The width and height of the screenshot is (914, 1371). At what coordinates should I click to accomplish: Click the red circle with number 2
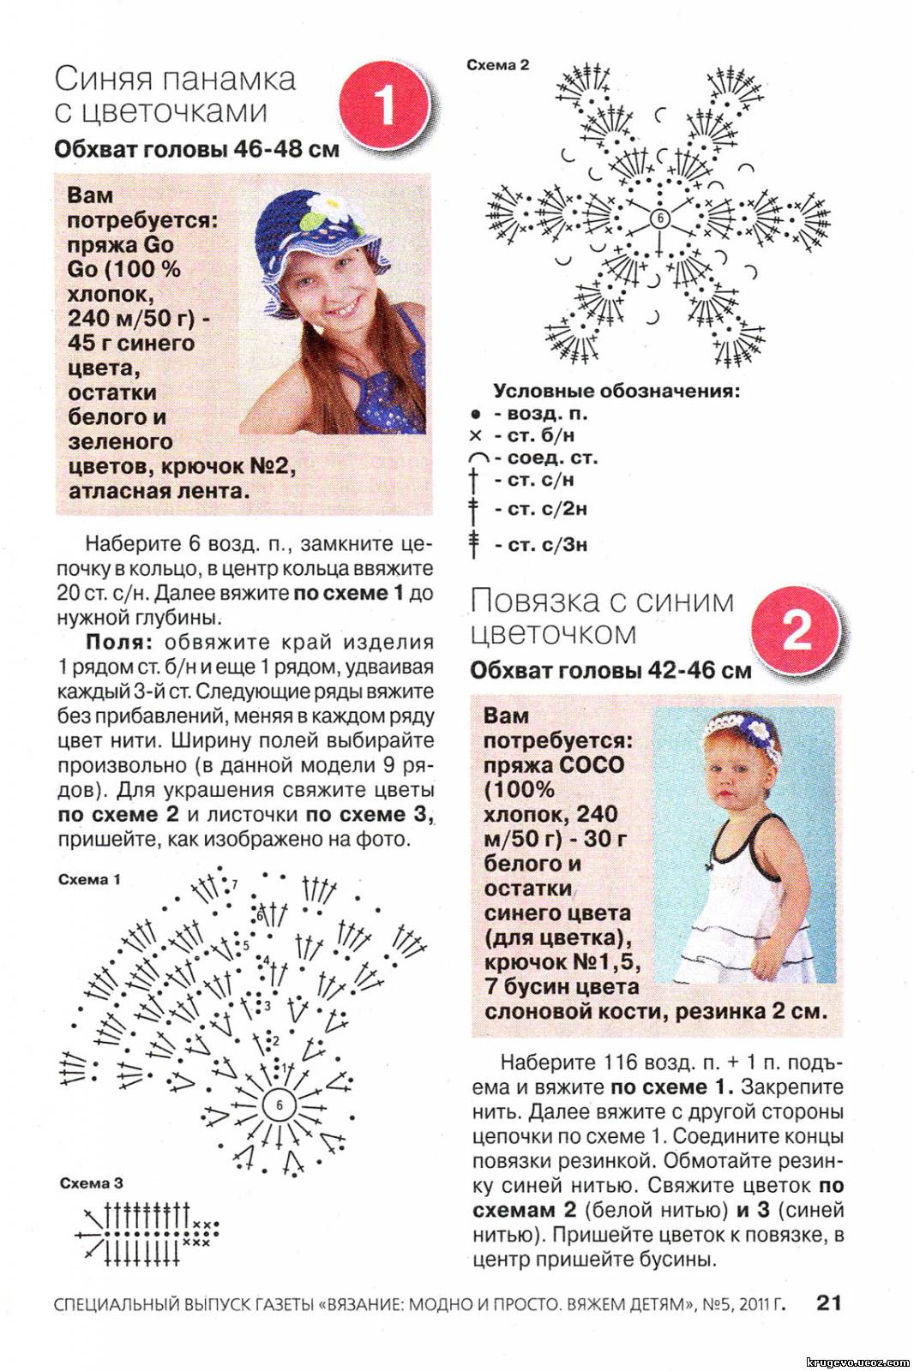pyautogui.click(x=797, y=631)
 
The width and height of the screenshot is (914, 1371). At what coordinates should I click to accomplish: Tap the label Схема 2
pyautogui.click(x=497, y=65)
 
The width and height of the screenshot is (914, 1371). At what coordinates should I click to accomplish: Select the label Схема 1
pyautogui.click(x=89, y=879)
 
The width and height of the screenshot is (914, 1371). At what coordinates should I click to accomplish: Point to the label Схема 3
pyautogui.click(x=91, y=1183)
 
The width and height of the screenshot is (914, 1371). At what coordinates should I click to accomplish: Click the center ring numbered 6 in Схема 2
pyautogui.click(x=659, y=219)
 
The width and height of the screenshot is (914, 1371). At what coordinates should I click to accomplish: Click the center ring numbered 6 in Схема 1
pyautogui.click(x=279, y=1105)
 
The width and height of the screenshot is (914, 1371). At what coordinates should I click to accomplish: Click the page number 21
pyautogui.click(x=829, y=1302)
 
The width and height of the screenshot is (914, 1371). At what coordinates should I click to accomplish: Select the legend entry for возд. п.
pyautogui.click(x=540, y=414)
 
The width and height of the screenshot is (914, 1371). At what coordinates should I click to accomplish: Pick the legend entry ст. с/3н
pyautogui.click(x=540, y=545)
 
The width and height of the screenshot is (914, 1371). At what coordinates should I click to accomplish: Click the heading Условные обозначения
pyautogui.click(x=616, y=391)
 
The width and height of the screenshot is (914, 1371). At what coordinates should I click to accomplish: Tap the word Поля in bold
pyautogui.click(x=118, y=643)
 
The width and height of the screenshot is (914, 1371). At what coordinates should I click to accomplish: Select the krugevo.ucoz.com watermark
pyautogui.click(x=857, y=1362)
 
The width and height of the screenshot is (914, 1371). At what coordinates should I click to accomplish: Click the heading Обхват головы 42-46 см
pyautogui.click(x=610, y=671)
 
